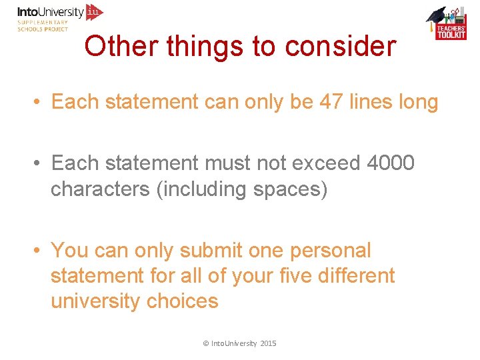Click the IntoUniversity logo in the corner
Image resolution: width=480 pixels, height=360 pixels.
coord(60,17)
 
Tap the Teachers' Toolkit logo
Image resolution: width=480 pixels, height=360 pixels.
coord(446,24)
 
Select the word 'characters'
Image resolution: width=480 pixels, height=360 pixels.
coord(100,189)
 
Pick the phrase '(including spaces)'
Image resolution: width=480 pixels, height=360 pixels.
coord(241,189)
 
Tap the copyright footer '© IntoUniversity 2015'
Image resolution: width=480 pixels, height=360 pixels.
coord(239,343)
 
